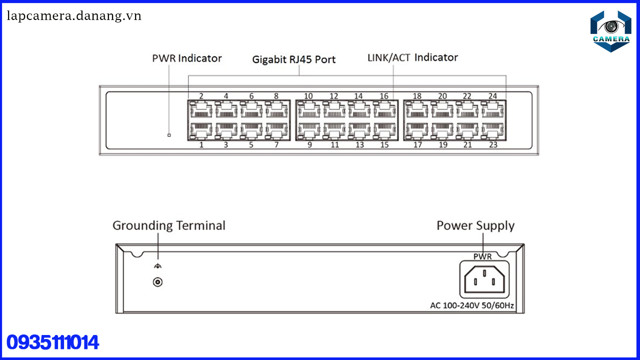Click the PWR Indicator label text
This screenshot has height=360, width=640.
point(186,58)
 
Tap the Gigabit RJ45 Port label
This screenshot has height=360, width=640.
point(293,59)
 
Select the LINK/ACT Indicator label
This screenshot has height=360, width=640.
point(412,57)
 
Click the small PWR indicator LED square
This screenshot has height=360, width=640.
point(169,135)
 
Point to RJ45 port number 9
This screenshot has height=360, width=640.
point(309,131)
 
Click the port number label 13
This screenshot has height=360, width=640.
point(359,145)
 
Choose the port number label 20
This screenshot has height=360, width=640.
point(442,96)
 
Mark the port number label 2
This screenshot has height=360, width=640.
point(201,96)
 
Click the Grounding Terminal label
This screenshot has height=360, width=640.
point(168,225)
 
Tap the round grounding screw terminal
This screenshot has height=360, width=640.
point(157,282)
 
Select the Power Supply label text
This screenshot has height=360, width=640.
point(475,225)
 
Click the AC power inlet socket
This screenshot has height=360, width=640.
point(483,279)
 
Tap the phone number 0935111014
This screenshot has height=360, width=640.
point(53,343)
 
